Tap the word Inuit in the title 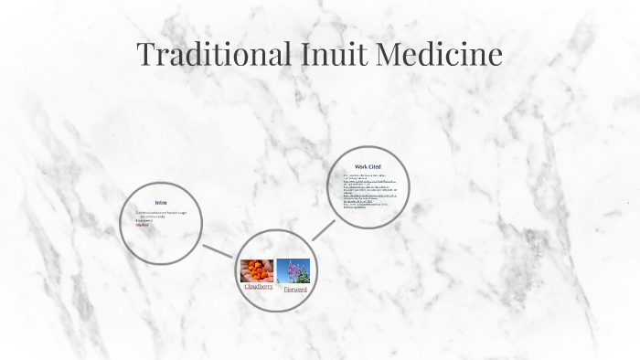329,54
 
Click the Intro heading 161,202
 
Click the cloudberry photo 257,270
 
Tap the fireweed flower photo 293,270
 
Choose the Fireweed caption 294,289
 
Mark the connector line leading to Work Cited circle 325,228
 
